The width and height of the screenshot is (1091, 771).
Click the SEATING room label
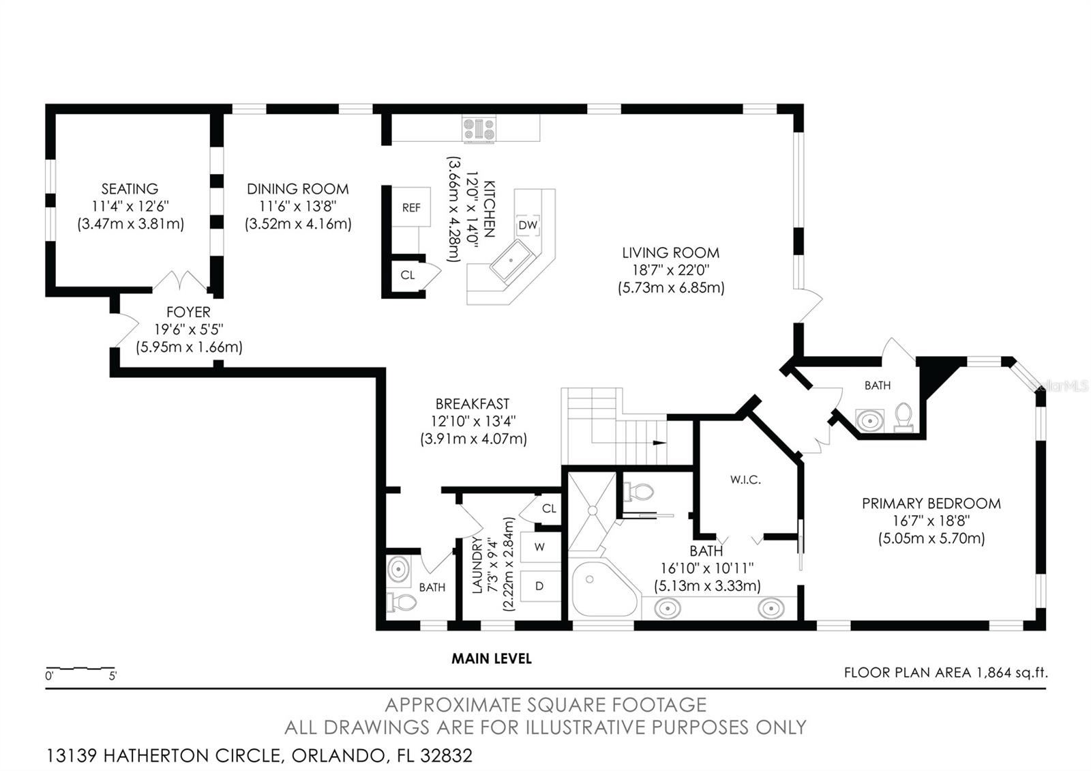(x=130, y=189)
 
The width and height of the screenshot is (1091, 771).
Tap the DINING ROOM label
(x=297, y=189)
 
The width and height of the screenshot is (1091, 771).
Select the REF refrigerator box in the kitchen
(x=411, y=207)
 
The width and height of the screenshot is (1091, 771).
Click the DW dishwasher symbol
(x=528, y=225)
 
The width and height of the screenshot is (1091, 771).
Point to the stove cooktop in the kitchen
(x=479, y=130)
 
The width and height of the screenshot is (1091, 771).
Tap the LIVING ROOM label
(x=670, y=253)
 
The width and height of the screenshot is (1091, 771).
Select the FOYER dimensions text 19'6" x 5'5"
(x=189, y=330)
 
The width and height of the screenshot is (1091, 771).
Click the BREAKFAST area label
(x=473, y=404)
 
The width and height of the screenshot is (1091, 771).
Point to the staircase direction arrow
(x=658, y=443)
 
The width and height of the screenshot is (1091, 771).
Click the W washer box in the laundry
(x=539, y=547)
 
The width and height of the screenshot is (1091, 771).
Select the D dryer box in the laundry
(x=539, y=586)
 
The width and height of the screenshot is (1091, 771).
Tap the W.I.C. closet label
(x=745, y=480)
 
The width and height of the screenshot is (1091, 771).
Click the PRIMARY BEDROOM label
(x=931, y=504)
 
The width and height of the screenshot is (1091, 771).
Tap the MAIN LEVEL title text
(x=491, y=658)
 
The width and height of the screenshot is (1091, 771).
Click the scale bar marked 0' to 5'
(x=80, y=668)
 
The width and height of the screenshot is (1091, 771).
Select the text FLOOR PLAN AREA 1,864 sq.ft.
(x=945, y=673)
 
